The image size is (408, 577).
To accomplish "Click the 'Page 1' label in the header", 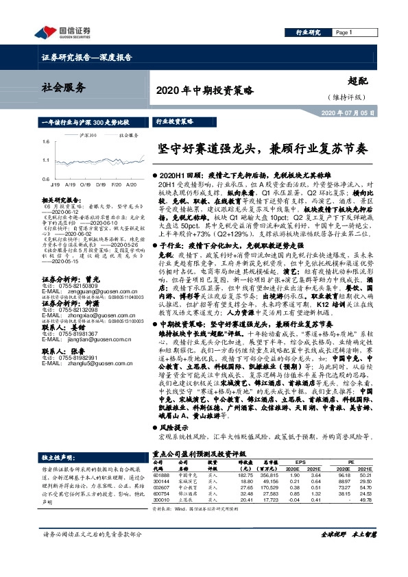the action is tap(344, 32).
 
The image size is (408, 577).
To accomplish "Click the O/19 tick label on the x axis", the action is tap(82, 184).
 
